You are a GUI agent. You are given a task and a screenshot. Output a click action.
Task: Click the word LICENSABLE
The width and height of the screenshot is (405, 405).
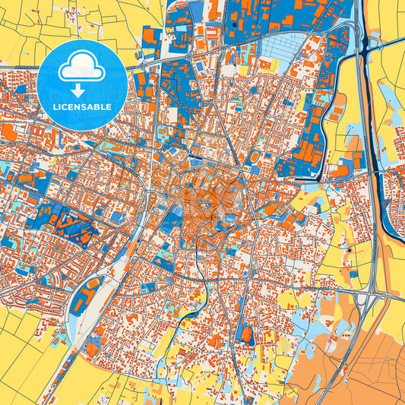tap(81, 107)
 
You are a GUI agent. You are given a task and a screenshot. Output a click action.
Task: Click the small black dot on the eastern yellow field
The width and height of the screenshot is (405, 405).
tap(349, 249)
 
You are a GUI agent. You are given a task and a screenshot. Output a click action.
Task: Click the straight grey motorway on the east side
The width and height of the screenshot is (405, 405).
tap(373, 190)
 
